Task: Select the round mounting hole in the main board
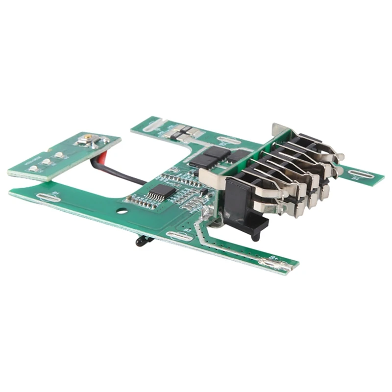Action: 121,212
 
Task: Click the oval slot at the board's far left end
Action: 49,198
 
